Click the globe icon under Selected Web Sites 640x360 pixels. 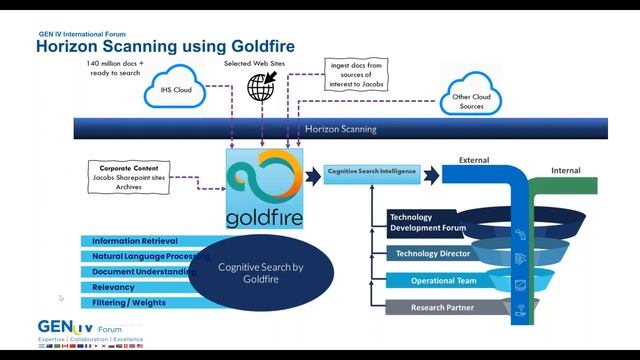coord(261,87)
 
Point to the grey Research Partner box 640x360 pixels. coord(442,308)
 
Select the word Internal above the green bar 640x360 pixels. coord(565,170)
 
